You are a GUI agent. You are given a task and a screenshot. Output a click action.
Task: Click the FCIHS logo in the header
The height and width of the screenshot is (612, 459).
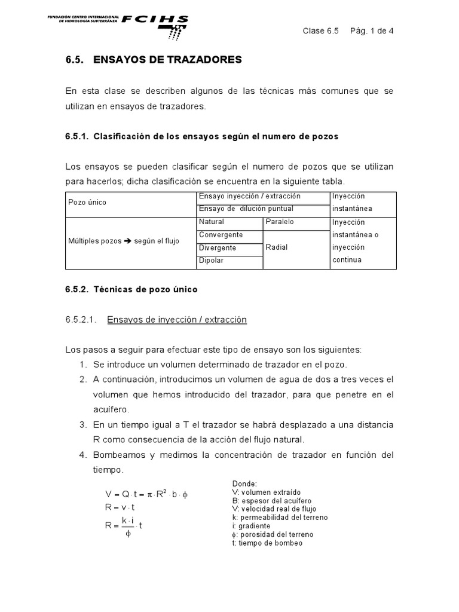pos(155,22)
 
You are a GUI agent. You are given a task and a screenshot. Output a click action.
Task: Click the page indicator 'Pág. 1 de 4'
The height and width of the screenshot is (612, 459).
pos(371,32)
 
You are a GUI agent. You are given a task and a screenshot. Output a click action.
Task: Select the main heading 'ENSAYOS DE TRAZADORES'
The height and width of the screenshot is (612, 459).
pos(167,60)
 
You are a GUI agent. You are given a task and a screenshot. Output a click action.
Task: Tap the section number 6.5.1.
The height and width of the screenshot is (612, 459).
pos(77,136)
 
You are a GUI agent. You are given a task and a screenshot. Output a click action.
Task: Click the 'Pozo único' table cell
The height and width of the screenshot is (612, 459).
pos(87,203)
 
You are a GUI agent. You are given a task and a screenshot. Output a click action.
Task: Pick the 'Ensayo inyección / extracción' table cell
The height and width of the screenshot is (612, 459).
pos(249,196)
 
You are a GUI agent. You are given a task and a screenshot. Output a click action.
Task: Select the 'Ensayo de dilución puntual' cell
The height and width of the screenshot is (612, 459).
pos(246,209)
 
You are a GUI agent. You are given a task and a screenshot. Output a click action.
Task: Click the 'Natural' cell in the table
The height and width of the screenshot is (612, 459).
pos(212,222)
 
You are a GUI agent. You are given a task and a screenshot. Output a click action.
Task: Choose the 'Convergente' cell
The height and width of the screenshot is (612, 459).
pos(221,235)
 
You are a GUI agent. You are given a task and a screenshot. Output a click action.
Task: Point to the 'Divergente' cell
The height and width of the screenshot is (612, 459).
pos(218,248)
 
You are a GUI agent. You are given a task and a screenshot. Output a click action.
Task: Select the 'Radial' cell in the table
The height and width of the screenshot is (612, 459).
pos(277,247)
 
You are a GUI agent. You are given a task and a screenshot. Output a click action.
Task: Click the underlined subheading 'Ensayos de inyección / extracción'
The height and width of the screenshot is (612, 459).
pos(176,320)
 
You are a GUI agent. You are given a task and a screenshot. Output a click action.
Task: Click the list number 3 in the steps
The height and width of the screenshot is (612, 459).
pos(83,425)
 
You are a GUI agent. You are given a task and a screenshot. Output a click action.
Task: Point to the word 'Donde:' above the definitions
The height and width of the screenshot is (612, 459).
pos(244,483)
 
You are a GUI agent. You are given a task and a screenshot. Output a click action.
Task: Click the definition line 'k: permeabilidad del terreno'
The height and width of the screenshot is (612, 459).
pos(280,517)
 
